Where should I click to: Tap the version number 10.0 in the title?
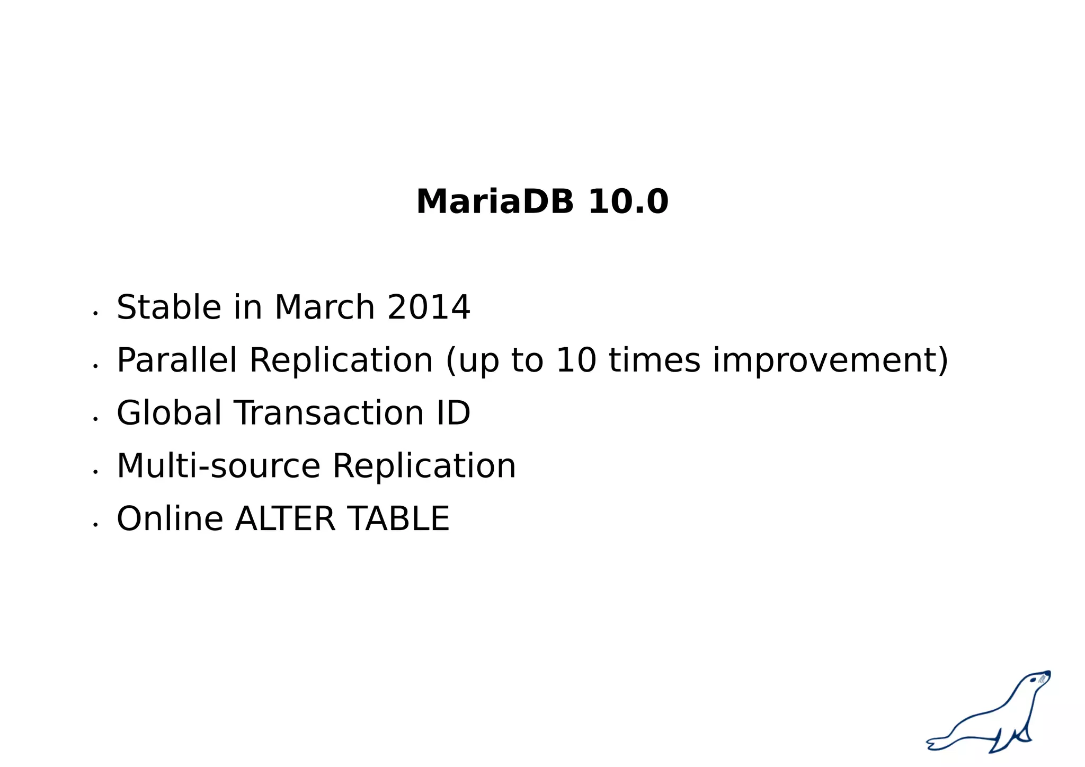(x=628, y=202)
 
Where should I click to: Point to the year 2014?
(x=429, y=307)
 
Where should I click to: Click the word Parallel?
(x=176, y=360)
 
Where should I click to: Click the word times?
(x=654, y=360)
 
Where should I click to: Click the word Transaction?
(x=329, y=413)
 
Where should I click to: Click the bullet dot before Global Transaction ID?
(x=95, y=419)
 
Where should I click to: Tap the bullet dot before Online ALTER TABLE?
(x=95, y=524)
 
